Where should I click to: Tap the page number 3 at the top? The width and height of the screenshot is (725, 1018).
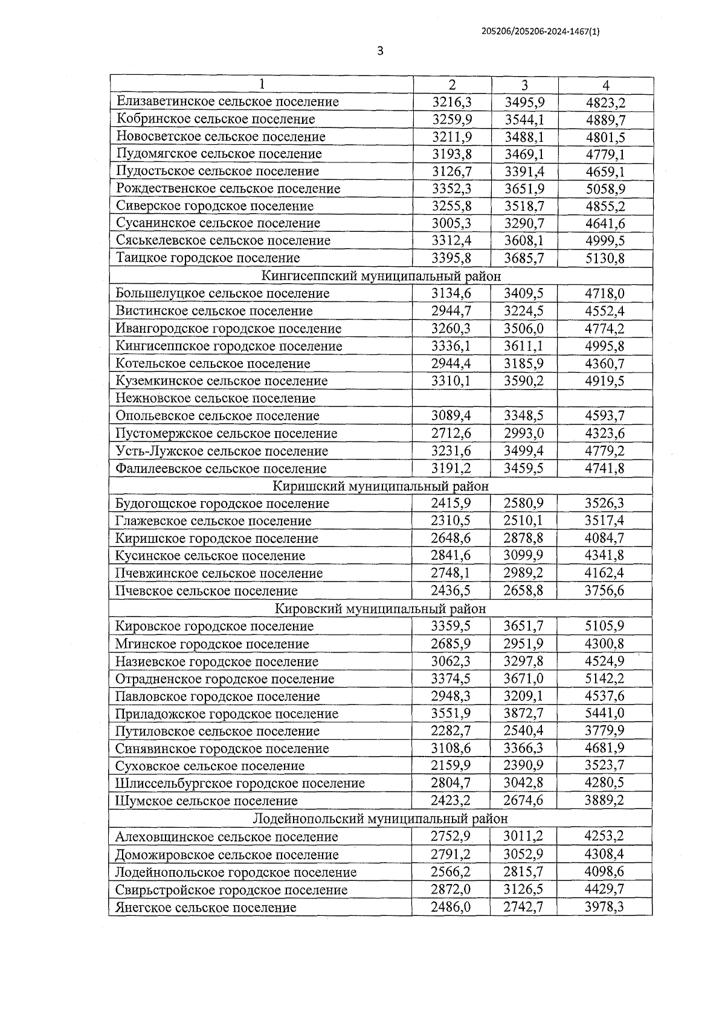tap(380, 51)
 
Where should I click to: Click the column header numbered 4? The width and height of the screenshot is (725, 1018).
tap(605, 85)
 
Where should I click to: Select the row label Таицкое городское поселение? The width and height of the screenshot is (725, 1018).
tap(208, 258)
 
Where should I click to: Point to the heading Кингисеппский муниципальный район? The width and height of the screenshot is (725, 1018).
tap(381, 276)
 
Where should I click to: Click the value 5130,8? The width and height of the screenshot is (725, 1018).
tap(605, 258)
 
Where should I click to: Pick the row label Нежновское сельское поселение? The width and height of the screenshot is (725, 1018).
tap(216, 398)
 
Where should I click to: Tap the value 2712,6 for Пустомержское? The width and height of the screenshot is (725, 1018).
tap(451, 433)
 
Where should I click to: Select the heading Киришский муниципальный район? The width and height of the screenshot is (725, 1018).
tap(381, 486)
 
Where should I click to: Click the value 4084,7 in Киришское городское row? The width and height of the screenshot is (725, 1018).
tap(604, 538)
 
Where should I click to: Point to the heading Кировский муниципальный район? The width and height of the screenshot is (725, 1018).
tap(380, 609)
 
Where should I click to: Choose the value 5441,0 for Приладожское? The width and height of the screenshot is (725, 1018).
tap(604, 713)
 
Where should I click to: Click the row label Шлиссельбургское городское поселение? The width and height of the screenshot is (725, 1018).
tap(240, 783)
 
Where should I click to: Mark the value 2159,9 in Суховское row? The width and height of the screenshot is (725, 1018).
tap(451, 766)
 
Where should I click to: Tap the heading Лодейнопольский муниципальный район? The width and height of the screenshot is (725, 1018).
tap(380, 819)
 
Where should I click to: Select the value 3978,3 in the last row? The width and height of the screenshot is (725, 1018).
tap(604, 907)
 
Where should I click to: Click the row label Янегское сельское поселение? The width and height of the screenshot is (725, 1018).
tap(206, 907)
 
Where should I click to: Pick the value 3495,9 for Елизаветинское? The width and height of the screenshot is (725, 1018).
tap(524, 101)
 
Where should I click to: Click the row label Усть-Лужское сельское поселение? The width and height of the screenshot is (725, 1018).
tap(222, 451)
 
